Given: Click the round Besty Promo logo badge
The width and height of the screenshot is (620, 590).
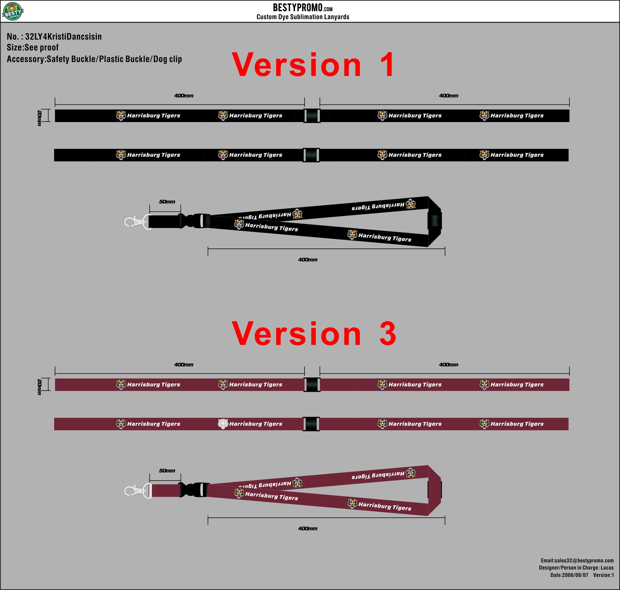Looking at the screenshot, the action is (x=13, y=11).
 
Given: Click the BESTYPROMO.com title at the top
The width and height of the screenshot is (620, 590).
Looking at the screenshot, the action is (x=303, y=8).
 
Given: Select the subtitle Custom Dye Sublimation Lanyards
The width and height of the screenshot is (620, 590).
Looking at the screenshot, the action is (x=303, y=17).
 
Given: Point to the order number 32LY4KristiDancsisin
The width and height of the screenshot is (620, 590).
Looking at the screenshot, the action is (x=63, y=37).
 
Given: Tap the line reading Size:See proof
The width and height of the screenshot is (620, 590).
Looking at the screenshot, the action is (x=32, y=48).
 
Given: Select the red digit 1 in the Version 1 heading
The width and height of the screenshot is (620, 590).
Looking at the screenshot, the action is (x=387, y=65).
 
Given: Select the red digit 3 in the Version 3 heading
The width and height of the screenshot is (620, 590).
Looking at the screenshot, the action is (x=388, y=334).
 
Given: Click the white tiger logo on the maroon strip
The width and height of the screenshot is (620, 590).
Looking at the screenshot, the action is (x=223, y=424).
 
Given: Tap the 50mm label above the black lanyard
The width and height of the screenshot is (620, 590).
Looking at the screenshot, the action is (x=167, y=202).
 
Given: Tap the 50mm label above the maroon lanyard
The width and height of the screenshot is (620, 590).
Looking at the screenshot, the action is (x=167, y=471).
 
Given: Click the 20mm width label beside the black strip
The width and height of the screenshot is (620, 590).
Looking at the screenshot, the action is (x=39, y=118).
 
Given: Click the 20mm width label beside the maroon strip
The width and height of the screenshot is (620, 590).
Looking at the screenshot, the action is (x=39, y=387).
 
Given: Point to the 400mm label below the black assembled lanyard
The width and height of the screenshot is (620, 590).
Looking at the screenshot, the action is (x=308, y=260).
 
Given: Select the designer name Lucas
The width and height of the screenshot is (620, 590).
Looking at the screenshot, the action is (x=607, y=567).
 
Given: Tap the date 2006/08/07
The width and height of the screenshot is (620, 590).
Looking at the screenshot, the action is (x=575, y=575).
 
